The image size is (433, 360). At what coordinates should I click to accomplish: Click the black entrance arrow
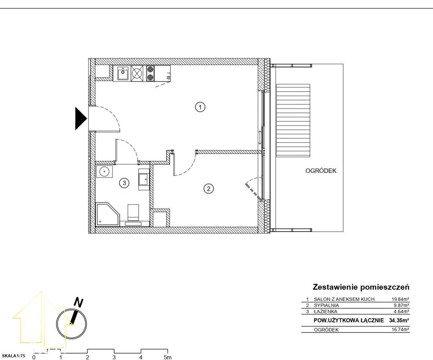click(81, 119)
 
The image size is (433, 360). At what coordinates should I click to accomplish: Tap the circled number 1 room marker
click(200, 107)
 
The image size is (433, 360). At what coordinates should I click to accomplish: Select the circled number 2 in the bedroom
click(208, 189)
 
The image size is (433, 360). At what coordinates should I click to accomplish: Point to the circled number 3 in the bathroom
click(124, 183)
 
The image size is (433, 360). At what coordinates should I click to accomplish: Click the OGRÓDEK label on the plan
click(321, 171)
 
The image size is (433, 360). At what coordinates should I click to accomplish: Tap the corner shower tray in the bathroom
click(107, 214)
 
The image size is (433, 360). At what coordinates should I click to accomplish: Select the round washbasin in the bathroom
click(104, 172)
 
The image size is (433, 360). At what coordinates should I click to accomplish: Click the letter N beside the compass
click(78, 303)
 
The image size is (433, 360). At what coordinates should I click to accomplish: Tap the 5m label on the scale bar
click(167, 357)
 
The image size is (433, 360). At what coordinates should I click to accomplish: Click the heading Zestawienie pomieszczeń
click(361, 287)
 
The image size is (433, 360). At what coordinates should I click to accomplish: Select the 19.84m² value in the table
click(400, 299)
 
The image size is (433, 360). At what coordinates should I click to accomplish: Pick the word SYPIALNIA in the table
click(326, 305)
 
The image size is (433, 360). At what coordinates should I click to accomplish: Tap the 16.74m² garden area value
click(400, 330)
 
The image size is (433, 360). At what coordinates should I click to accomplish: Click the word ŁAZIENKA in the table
click(325, 311)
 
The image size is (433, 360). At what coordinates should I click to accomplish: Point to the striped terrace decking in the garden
click(293, 120)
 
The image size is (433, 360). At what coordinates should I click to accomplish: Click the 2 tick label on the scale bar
click(88, 357)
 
